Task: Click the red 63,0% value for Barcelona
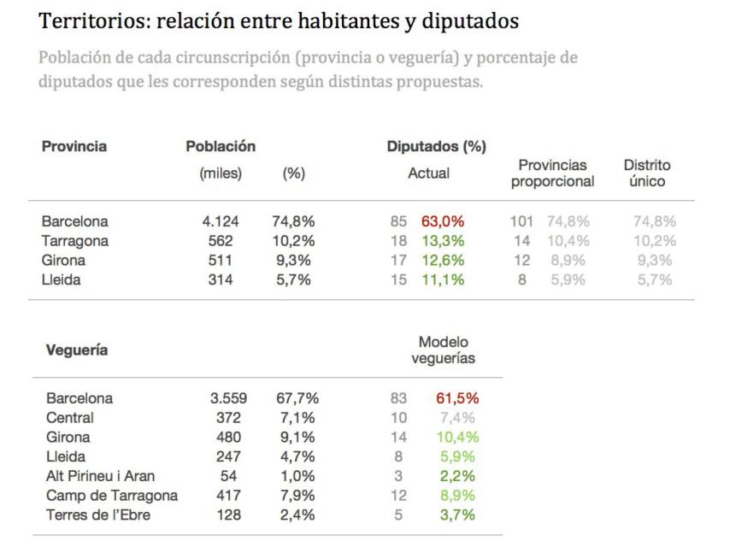pos(441,222)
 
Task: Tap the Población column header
pos(221,147)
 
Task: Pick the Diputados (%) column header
pos(436,147)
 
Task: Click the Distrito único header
pos(647,173)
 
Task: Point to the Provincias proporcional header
pos(552,173)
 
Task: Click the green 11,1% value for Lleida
pos(442,279)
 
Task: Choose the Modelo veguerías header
pos(443,350)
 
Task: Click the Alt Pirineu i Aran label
pos(101,476)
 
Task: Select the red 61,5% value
pos(456,398)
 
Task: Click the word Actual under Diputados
pos(428,174)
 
